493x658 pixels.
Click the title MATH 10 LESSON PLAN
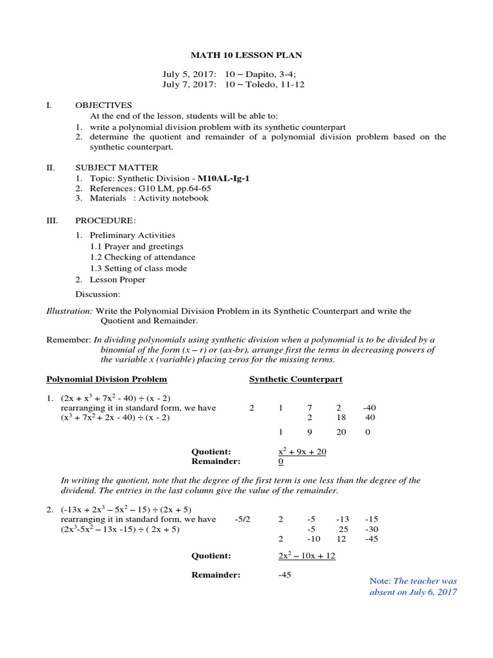pyautogui.click(x=246, y=55)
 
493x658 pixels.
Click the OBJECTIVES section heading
pyautogui.click(x=103, y=105)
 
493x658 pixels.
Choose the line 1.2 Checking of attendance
pyautogui.click(x=143, y=257)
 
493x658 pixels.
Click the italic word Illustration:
pyautogui.click(x=69, y=311)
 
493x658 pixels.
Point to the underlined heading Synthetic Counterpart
pyautogui.click(x=295, y=379)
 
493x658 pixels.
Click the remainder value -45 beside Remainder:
pyautogui.click(x=285, y=574)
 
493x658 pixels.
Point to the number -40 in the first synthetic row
pyautogui.click(x=370, y=407)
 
